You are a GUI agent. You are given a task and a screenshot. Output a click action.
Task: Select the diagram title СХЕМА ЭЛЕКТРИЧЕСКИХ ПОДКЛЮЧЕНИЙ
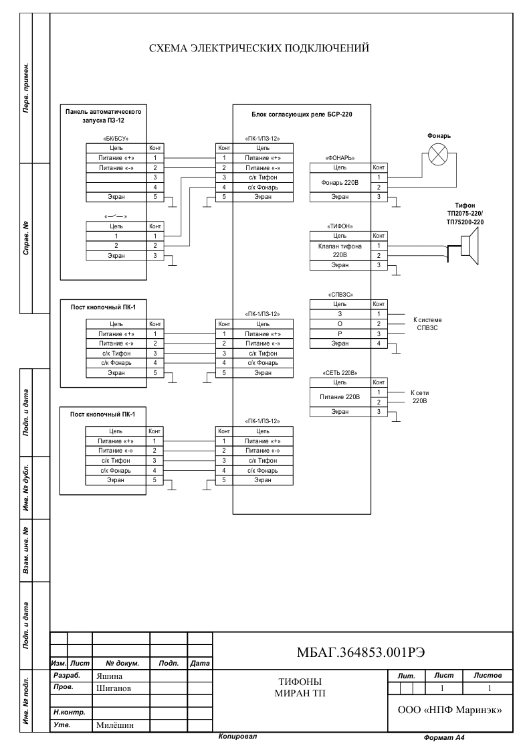click(x=259, y=48)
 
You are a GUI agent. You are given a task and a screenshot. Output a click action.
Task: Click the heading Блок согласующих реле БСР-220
click(x=302, y=115)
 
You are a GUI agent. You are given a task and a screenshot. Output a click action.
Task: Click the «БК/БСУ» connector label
click(x=116, y=138)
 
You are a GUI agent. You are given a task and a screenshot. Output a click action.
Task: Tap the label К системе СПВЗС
click(x=427, y=323)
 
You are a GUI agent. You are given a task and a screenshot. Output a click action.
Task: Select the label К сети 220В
click(x=419, y=396)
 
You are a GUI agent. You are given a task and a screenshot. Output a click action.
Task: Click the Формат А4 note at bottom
click(x=444, y=738)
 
